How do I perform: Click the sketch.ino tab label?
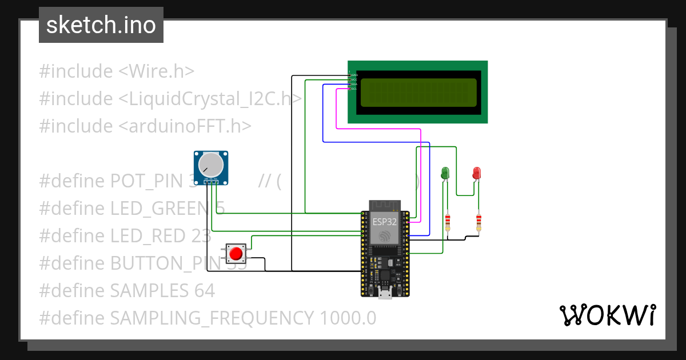(x=101, y=25)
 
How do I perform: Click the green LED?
(x=445, y=173)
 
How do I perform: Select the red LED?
(x=477, y=173)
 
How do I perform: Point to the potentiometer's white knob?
(x=211, y=165)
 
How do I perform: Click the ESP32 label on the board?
(x=385, y=222)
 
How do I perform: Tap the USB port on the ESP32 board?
(x=385, y=294)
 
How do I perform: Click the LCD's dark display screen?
(x=418, y=93)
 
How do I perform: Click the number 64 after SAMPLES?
(x=203, y=291)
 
